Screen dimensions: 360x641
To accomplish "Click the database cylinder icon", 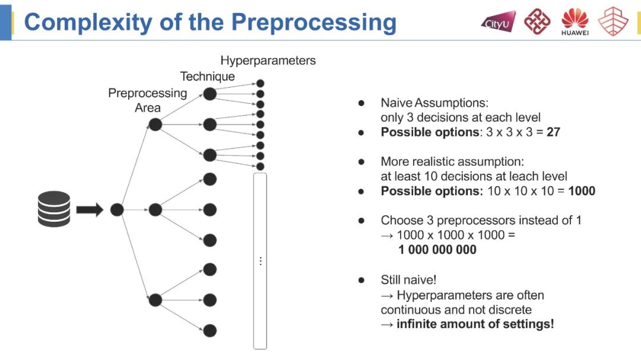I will (x=54, y=209).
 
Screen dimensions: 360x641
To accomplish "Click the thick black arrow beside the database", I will (x=90, y=209).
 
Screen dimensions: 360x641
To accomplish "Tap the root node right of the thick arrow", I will (x=117, y=209).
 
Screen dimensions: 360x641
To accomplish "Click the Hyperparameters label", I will (x=268, y=60).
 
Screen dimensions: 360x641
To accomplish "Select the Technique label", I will (x=207, y=77).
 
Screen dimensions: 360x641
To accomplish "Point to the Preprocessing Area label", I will (x=147, y=100).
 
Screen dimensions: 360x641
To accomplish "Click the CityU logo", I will (x=497, y=23).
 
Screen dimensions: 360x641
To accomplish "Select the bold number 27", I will (x=553, y=132).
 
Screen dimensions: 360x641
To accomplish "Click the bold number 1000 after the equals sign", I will (x=581, y=191).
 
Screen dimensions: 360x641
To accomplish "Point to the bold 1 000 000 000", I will (x=437, y=250).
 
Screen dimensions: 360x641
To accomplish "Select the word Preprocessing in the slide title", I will (x=313, y=22).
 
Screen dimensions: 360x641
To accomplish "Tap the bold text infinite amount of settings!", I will (x=475, y=324).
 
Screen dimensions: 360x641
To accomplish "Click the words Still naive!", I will (x=408, y=280).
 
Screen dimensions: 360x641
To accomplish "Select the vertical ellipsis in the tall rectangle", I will (x=260, y=261).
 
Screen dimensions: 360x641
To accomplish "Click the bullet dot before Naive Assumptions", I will (x=361, y=103).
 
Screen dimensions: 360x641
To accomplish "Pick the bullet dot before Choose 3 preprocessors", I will (x=361, y=221).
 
